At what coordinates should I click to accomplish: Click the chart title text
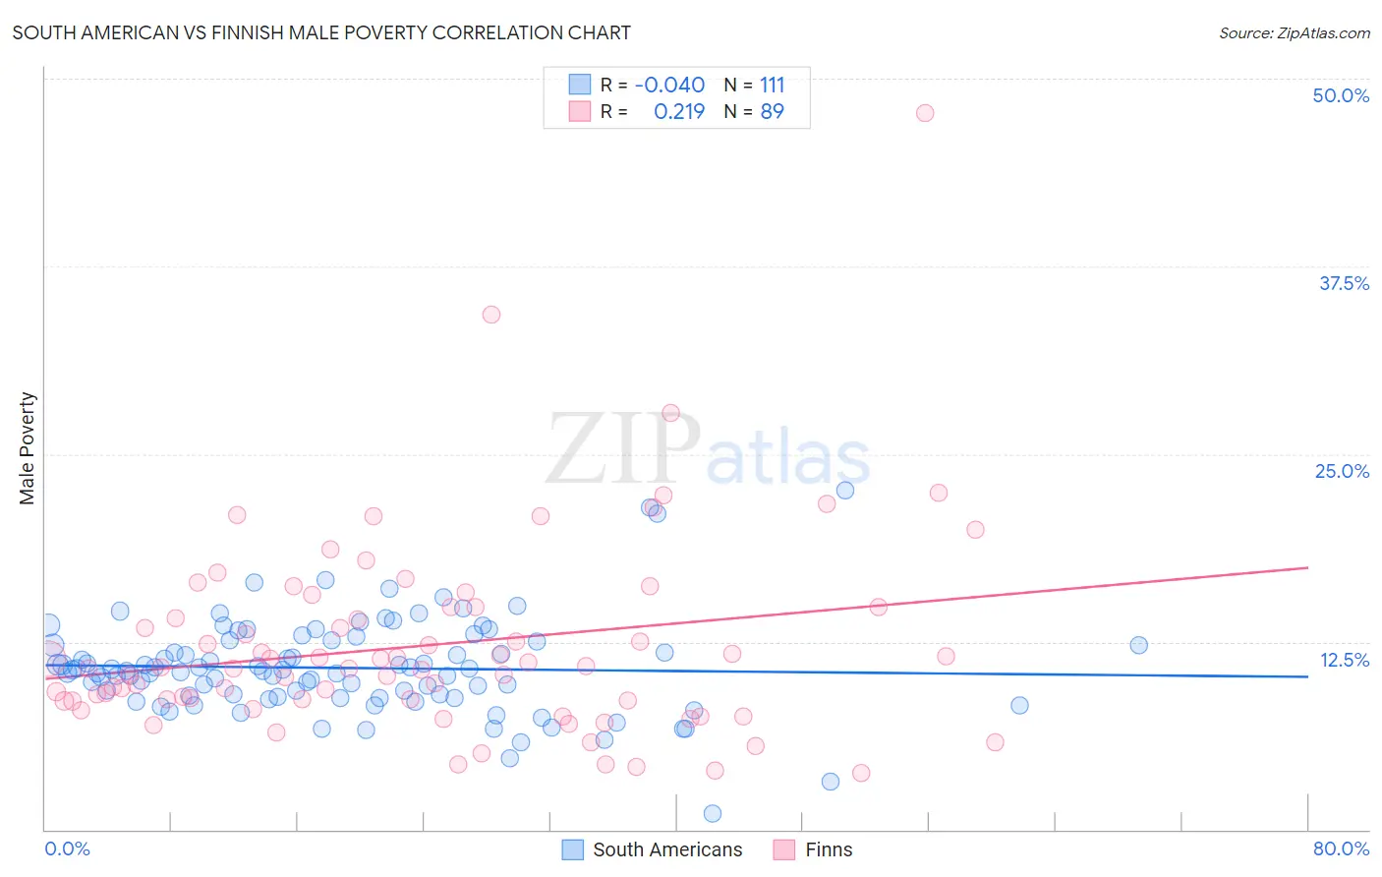[321, 32]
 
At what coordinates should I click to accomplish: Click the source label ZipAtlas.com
[1294, 32]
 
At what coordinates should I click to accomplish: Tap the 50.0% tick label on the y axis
[1341, 95]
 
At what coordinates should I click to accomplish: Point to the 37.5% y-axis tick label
[1344, 283]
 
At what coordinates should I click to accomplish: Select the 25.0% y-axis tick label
[1342, 471]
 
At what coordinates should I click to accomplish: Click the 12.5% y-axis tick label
[1344, 660]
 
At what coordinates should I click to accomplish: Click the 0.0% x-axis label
[67, 848]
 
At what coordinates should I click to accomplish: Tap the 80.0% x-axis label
[1341, 848]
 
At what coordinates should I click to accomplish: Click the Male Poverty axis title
[28, 448]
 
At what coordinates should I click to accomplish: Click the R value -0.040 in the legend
[669, 86]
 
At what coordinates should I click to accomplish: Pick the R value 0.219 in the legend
[679, 112]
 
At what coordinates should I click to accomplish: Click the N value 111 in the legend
[773, 86]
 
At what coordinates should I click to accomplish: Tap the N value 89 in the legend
[773, 112]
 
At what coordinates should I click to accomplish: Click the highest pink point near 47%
[925, 113]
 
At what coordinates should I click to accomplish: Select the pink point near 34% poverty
[491, 315]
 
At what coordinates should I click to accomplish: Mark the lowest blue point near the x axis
[713, 813]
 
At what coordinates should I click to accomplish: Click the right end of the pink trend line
[1307, 567]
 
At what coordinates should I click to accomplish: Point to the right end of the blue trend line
[1307, 676]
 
